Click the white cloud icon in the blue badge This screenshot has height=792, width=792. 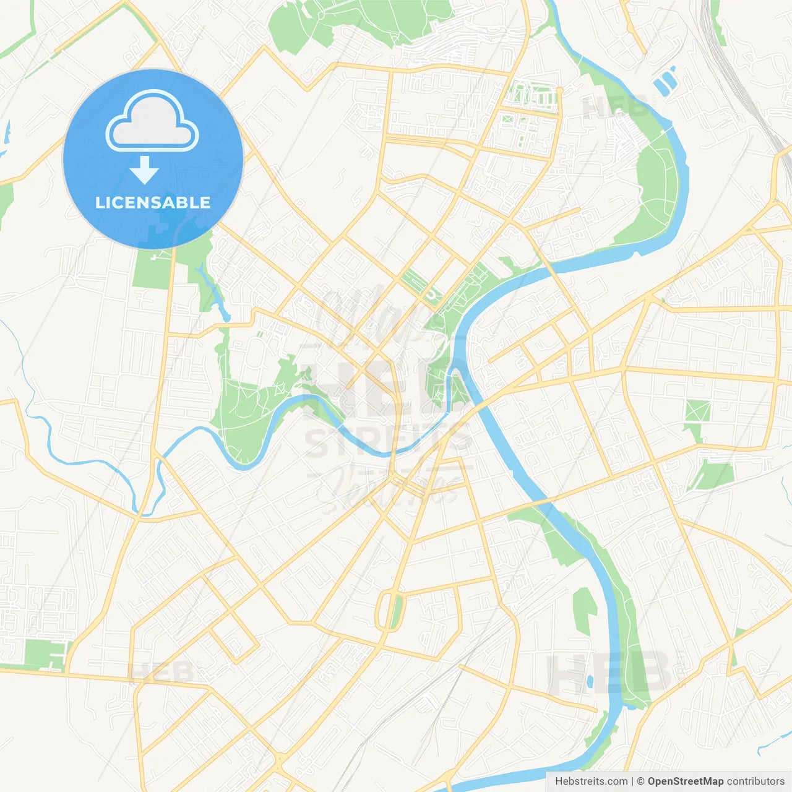pos(152,121)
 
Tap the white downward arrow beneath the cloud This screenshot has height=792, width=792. pos(144,170)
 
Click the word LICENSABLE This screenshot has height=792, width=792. pos(153,202)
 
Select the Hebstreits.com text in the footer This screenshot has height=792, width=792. pos(591,781)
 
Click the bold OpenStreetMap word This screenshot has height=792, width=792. pos(685,781)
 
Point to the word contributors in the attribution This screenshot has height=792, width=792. pos(755,781)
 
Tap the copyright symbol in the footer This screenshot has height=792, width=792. pos(640,781)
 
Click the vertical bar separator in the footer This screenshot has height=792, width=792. pos(632,781)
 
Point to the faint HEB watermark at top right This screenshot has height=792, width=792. pos(616,106)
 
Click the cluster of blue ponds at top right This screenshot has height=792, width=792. pos(664,81)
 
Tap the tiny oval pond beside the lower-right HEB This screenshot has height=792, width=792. pos(590,682)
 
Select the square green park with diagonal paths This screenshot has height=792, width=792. pos(697,411)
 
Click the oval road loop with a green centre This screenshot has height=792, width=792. pos(389,611)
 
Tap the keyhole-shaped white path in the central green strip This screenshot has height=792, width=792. pos(432,296)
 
